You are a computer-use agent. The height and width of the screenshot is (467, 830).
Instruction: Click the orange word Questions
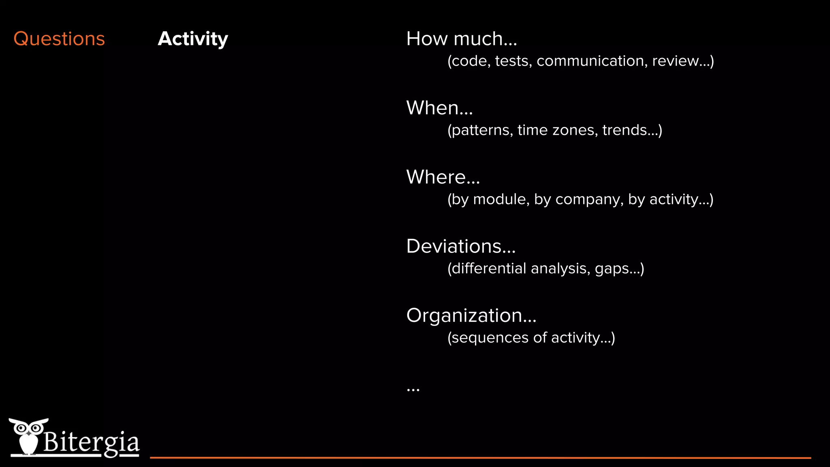pos(59,39)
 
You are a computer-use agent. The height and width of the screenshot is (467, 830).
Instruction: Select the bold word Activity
pos(193,39)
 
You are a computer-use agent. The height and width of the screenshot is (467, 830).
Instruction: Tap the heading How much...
pos(461,39)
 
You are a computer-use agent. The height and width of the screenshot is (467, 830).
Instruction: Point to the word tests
pos(513,61)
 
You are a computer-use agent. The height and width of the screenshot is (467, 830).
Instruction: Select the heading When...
pos(439,108)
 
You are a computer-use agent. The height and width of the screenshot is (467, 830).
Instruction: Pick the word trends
pos(629,130)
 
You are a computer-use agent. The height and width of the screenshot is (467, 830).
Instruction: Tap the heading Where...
pos(443,177)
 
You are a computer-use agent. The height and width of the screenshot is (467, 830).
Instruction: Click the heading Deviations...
pos(460,246)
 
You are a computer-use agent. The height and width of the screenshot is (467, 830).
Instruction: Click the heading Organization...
pos(471,315)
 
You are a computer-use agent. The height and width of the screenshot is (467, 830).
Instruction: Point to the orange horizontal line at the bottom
pos(480,458)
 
